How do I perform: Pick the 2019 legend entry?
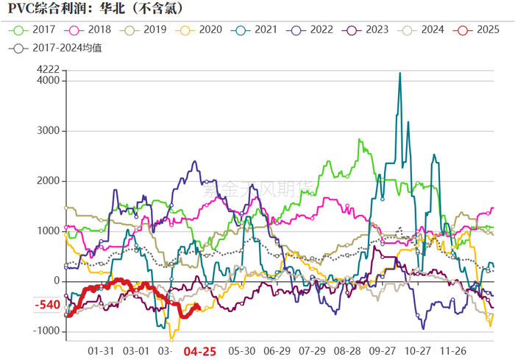click(x=146, y=30)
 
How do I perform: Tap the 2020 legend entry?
click(x=202, y=30)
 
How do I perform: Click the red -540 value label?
click(x=48, y=305)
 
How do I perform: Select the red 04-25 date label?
click(x=199, y=351)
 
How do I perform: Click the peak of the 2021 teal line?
click(x=399, y=73)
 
